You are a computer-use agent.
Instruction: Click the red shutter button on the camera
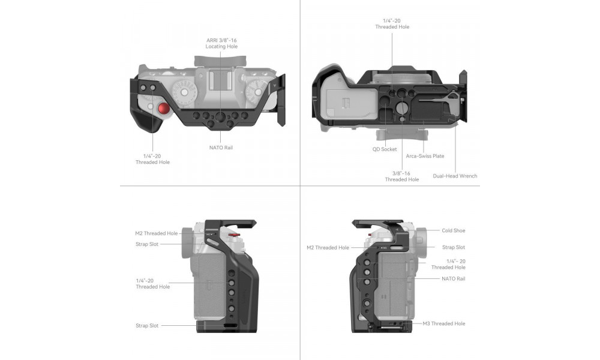pyautogui.click(x=164, y=109)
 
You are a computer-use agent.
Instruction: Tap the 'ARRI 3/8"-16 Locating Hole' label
pyautogui.click(x=221, y=43)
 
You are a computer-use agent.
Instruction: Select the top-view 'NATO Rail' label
pyautogui.click(x=221, y=148)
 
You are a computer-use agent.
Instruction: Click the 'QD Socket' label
pyautogui.click(x=385, y=149)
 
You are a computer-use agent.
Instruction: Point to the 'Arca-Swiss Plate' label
pyautogui.click(x=425, y=156)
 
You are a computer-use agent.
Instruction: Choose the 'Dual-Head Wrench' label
pyautogui.click(x=455, y=176)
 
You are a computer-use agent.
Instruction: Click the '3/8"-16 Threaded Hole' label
pyautogui.click(x=402, y=176)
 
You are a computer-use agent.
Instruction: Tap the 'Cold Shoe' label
pyautogui.click(x=454, y=230)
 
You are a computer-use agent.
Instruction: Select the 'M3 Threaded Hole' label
pyautogui.click(x=444, y=323)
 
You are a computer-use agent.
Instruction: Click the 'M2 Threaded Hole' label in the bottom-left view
pyautogui.click(x=157, y=233)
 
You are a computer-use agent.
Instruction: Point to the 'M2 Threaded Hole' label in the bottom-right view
pyautogui.click(x=328, y=248)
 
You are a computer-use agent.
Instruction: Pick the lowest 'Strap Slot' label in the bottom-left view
pyautogui.click(x=147, y=326)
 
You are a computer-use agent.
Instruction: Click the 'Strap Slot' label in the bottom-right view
pyautogui.click(x=454, y=248)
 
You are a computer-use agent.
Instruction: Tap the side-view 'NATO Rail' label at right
pyautogui.click(x=454, y=279)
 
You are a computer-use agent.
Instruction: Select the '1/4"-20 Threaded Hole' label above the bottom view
pyautogui.click(x=392, y=24)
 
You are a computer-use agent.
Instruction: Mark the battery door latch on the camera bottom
pyautogui.click(x=346, y=103)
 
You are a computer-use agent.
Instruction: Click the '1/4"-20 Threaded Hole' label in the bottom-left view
pyautogui.click(x=152, y=284)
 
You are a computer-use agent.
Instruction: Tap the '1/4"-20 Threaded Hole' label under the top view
pyautogui.click(x=152, y=159)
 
